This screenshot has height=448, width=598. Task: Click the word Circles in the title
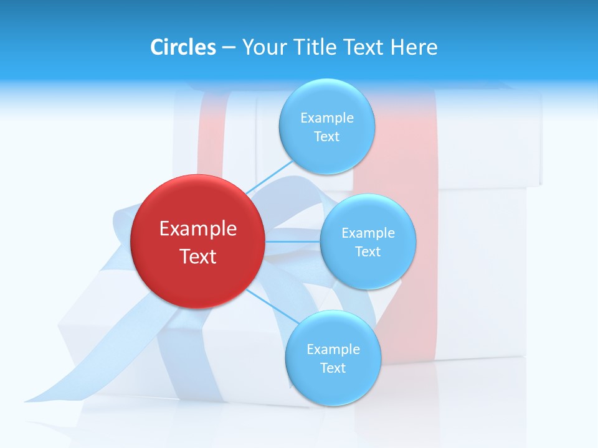click(183, 47)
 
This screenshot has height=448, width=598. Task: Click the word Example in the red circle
click(198, 229)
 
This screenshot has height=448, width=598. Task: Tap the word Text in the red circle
click(198, 256)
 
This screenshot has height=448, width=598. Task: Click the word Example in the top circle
click(327, 118)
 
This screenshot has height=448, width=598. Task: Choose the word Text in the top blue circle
click(326, 137)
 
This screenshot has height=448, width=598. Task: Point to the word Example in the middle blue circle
click(368, 233)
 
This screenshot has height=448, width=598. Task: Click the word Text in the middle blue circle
click(368, 252)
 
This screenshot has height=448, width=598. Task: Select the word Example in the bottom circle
click(333, 350)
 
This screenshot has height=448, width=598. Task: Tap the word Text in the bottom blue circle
click(333, 368)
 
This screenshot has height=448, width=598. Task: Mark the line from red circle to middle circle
click(292, 241)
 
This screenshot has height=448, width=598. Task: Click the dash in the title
click(228, 48)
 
